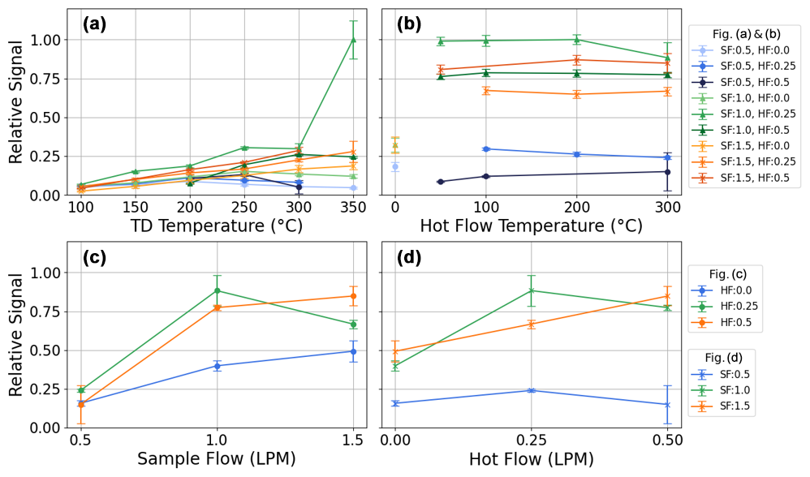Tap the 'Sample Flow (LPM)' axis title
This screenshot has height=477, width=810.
pos(216,459)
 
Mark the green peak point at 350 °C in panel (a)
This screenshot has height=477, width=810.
pos(352,39)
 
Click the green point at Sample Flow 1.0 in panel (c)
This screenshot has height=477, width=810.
pos(217,290)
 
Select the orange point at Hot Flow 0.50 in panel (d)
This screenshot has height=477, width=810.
pos(667,296)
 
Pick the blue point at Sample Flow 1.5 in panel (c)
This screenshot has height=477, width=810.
pos(352,351)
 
